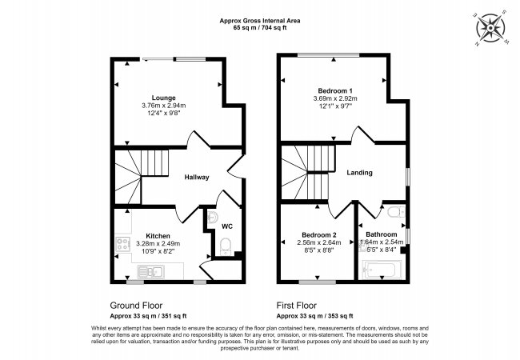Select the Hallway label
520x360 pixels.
tap(197, 177)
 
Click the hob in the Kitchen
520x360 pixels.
tap(123, 245)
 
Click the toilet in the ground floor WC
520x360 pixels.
tap(226, 246)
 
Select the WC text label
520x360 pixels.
tap(227, 226)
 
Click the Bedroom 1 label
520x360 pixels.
tap(330, 90)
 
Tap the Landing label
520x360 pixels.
tap(359, 173)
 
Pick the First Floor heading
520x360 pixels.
tap(298, 306)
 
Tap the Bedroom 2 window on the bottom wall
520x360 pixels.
tap(318, 281)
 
